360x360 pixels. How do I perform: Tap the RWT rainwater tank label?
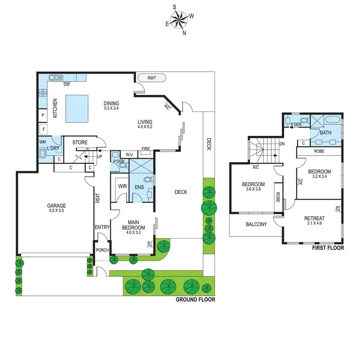(152, 77)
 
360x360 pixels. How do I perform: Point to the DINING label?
(111, 104)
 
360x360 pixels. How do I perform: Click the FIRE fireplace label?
(145, 149)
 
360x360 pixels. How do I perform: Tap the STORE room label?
(80, 143)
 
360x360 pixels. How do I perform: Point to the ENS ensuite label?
(139, 187)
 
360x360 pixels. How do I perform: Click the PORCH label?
(103, 250)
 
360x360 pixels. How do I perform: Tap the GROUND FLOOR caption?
(195, 300)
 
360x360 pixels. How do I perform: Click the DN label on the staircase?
(282, 144)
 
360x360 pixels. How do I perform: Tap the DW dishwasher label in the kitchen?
(68, 84)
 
